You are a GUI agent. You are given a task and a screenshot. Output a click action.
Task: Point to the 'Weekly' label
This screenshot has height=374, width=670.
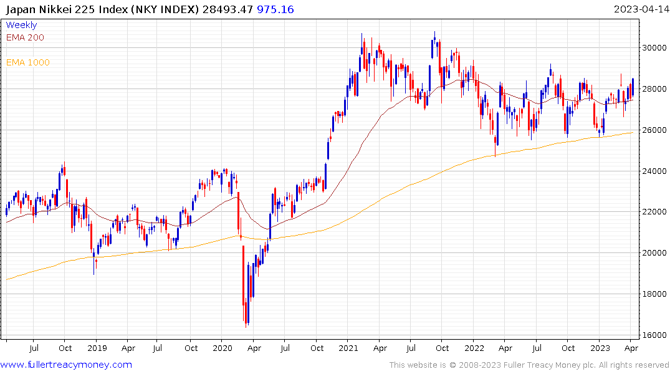click(22, 26)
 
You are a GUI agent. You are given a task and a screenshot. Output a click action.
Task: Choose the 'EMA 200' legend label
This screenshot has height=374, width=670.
click(25, 37)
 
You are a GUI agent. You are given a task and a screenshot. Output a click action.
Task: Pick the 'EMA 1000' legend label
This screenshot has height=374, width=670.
click(28, 62)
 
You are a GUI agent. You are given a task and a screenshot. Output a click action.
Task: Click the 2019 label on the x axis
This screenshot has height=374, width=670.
click(96, 348)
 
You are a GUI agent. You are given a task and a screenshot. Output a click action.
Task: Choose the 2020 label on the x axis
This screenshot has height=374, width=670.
click(223, 348)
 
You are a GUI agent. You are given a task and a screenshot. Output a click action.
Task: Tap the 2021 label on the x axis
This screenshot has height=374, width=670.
click(348, 348)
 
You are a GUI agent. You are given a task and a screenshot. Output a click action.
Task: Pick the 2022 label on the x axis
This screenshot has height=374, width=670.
click(474, 348)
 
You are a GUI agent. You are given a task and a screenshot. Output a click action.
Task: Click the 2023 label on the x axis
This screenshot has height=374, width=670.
click(600, 348)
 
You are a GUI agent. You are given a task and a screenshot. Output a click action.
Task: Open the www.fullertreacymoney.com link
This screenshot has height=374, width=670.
click(66, 365)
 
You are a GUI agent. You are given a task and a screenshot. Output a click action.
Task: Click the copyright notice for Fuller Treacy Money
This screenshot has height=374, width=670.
click(529, 365)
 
